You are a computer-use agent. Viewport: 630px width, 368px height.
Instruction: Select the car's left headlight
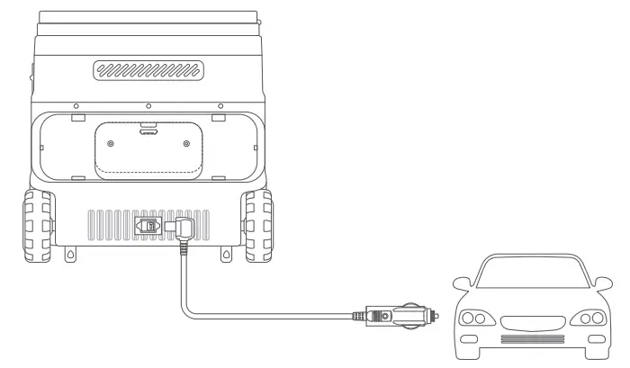click(475, 318)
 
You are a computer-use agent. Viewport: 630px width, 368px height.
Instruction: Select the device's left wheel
click(38, 220)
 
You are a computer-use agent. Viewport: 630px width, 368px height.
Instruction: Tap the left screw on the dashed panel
click(111, 144)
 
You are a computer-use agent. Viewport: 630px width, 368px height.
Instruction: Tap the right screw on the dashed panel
click(186, 144)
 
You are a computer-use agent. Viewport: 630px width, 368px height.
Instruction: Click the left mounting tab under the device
click(69, 256)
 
